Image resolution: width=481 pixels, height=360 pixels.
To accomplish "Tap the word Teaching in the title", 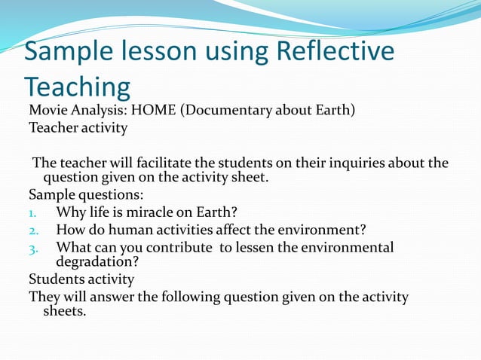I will point(77,87).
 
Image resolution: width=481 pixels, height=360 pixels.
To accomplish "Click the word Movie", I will point(47,111).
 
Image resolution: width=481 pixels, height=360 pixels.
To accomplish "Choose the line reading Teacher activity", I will point(78,127).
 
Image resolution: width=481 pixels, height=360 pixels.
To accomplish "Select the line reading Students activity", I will point(81,279).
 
